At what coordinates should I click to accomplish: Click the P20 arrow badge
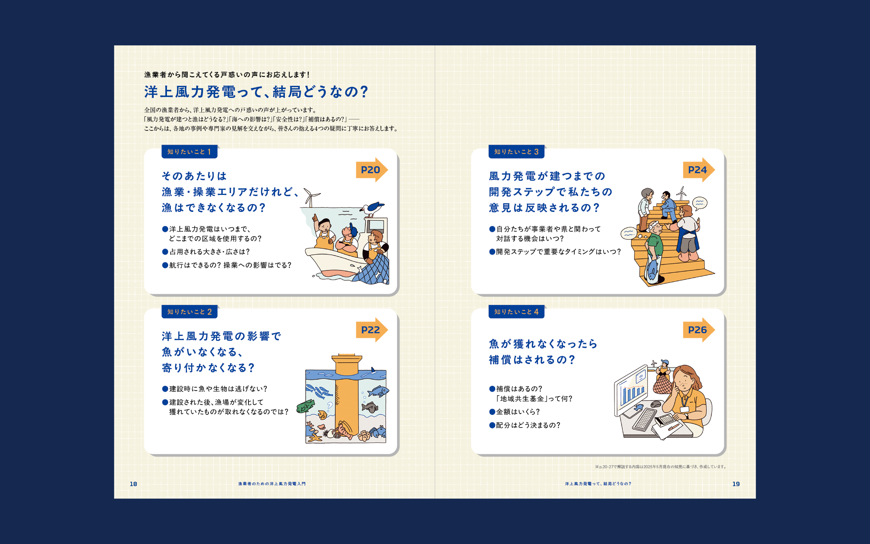[x=371, y=170]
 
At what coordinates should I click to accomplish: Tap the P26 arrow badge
[x=698, y=330]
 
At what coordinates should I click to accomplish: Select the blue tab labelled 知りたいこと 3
[x=516, y=151]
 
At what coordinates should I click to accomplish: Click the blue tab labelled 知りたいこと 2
[x=189, y=312]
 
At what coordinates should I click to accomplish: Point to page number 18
[x=133, y=484]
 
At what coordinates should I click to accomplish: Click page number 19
[x=736, y=484]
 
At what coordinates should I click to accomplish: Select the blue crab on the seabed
[x=377, y=431]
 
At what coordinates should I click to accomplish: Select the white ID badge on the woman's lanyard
[x=684, y=409]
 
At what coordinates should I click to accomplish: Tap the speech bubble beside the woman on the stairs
[x=700, y=203]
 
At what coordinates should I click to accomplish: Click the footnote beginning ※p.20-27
[x=661, y=467]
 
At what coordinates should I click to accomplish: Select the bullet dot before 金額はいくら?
[x=492, y=412]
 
